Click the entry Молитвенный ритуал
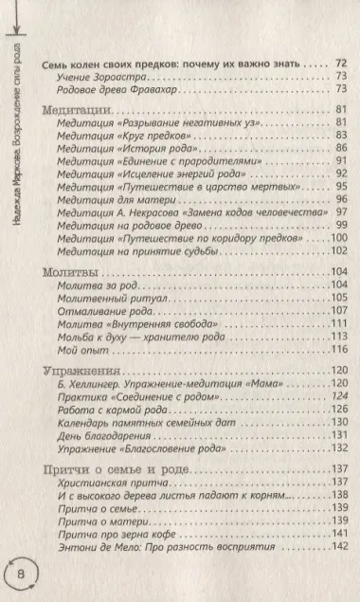107,296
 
